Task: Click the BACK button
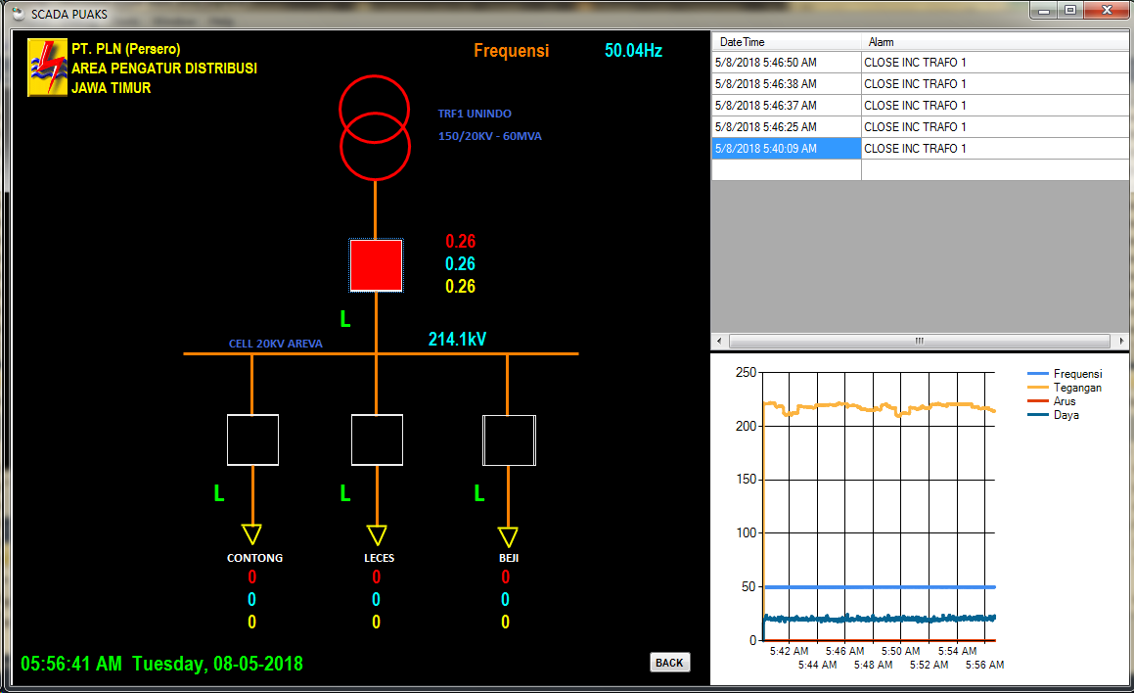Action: tap(669, 663)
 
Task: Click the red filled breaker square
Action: tap(376, 265)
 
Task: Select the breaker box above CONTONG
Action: tap(252, 439)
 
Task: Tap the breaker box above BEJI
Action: tap(509, 439)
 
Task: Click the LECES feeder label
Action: tap(377, 558)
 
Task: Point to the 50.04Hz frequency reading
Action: tap(633, 51)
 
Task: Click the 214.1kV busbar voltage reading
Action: tap(457, 340)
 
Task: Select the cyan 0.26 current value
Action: tap(460, 264)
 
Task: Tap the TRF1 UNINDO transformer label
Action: tap(475, 114)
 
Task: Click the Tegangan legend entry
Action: tap(1077, 388)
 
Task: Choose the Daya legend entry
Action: tap(1066, 415)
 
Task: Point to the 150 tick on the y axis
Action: tap(746, 480)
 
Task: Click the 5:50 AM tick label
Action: tap(900, 651)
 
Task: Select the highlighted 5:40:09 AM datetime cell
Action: tap(786, 149)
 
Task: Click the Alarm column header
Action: tap(881, 42)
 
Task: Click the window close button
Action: tap(1108, 11)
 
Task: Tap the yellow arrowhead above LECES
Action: tap(377, 534)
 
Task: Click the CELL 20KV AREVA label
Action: tap(275, 344)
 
